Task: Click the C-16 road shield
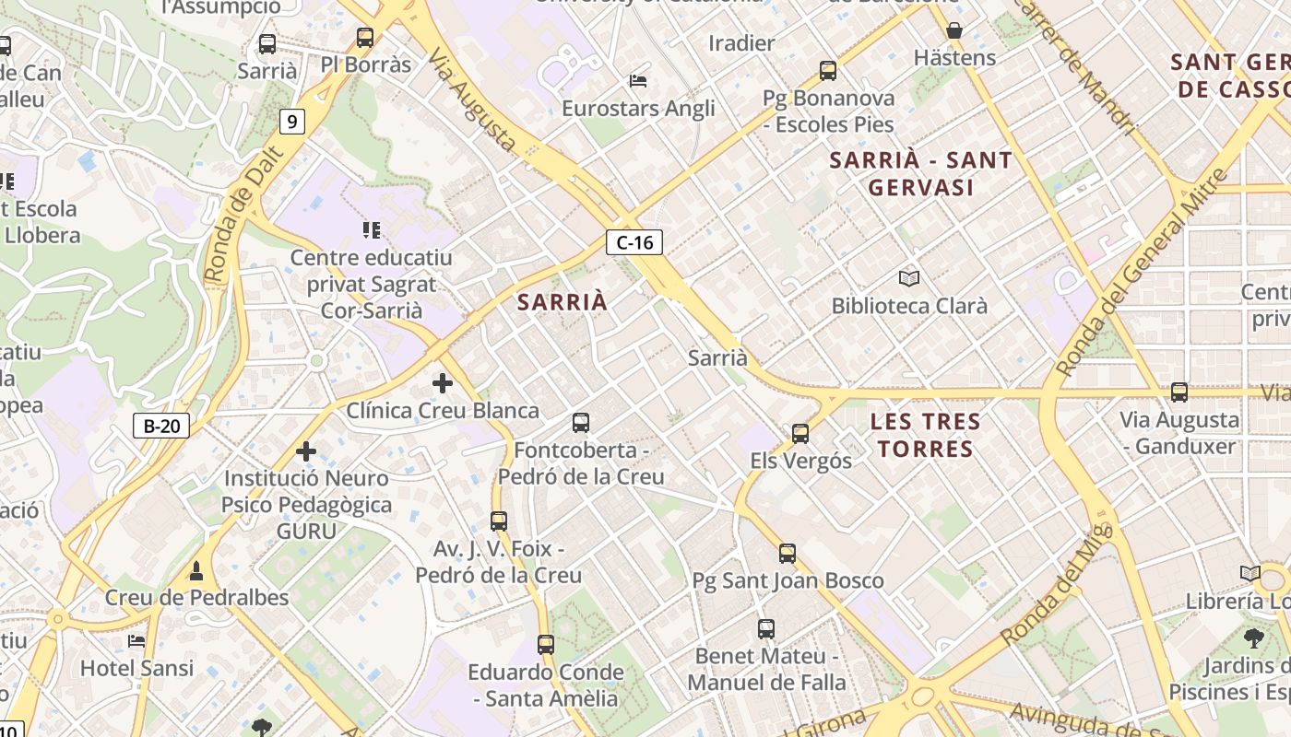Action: point(634,242)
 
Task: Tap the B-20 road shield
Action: point(162,426)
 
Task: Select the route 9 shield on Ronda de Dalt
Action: point(292,121)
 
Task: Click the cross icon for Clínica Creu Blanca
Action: point(443,382)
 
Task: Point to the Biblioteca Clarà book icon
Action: point(909,278)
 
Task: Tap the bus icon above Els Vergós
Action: point(800,433)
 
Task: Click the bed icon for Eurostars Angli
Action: point(638,81)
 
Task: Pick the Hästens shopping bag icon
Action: point(954,30)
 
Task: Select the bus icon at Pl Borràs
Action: point(365,38)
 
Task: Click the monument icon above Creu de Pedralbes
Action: point(195,571)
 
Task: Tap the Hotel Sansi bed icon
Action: point(136,640)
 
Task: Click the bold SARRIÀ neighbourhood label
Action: point(563,301)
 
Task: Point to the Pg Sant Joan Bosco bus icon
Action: point(788,553)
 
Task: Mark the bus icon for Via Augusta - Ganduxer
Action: point(1179,392)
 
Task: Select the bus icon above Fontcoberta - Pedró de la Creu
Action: point(581,423)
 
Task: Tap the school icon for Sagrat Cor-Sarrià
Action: point(373,229)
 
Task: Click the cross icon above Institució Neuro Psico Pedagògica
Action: point(306,451)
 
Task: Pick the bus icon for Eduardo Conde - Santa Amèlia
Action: point(546,644)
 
